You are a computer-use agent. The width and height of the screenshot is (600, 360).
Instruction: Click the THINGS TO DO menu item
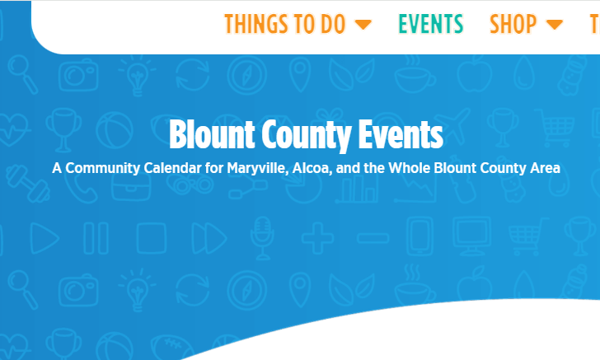tap(284, 24)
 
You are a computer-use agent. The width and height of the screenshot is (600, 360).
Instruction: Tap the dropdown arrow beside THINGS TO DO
tap(363, 25)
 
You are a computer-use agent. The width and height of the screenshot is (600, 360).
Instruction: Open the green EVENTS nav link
tap(430, 24)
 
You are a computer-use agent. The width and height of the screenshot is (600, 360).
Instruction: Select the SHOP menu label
tap(513, 24)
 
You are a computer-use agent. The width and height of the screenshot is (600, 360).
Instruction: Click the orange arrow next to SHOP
tap(555, 25)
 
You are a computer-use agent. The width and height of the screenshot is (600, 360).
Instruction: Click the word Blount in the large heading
tap(212, 134)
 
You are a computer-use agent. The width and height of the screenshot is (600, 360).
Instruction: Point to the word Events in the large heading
tap(401, 134)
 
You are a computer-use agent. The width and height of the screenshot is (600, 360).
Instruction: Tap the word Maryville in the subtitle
tap(257, 168)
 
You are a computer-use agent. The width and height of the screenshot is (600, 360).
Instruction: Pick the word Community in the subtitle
tap(102, 168)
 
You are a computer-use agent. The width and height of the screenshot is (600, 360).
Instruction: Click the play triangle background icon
tap(45, 238)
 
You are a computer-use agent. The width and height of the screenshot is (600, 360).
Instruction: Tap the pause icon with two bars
tap(96, 238)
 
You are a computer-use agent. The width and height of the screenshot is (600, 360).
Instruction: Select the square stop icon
tap(152, 238)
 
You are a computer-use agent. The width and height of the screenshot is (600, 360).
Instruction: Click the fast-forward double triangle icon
tap(209, 238)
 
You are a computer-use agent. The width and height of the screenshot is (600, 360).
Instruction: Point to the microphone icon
tap(262, 238)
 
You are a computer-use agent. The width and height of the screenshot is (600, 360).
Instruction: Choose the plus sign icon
tap(317, 238)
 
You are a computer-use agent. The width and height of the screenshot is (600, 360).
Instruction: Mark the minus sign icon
tap(373, 238)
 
